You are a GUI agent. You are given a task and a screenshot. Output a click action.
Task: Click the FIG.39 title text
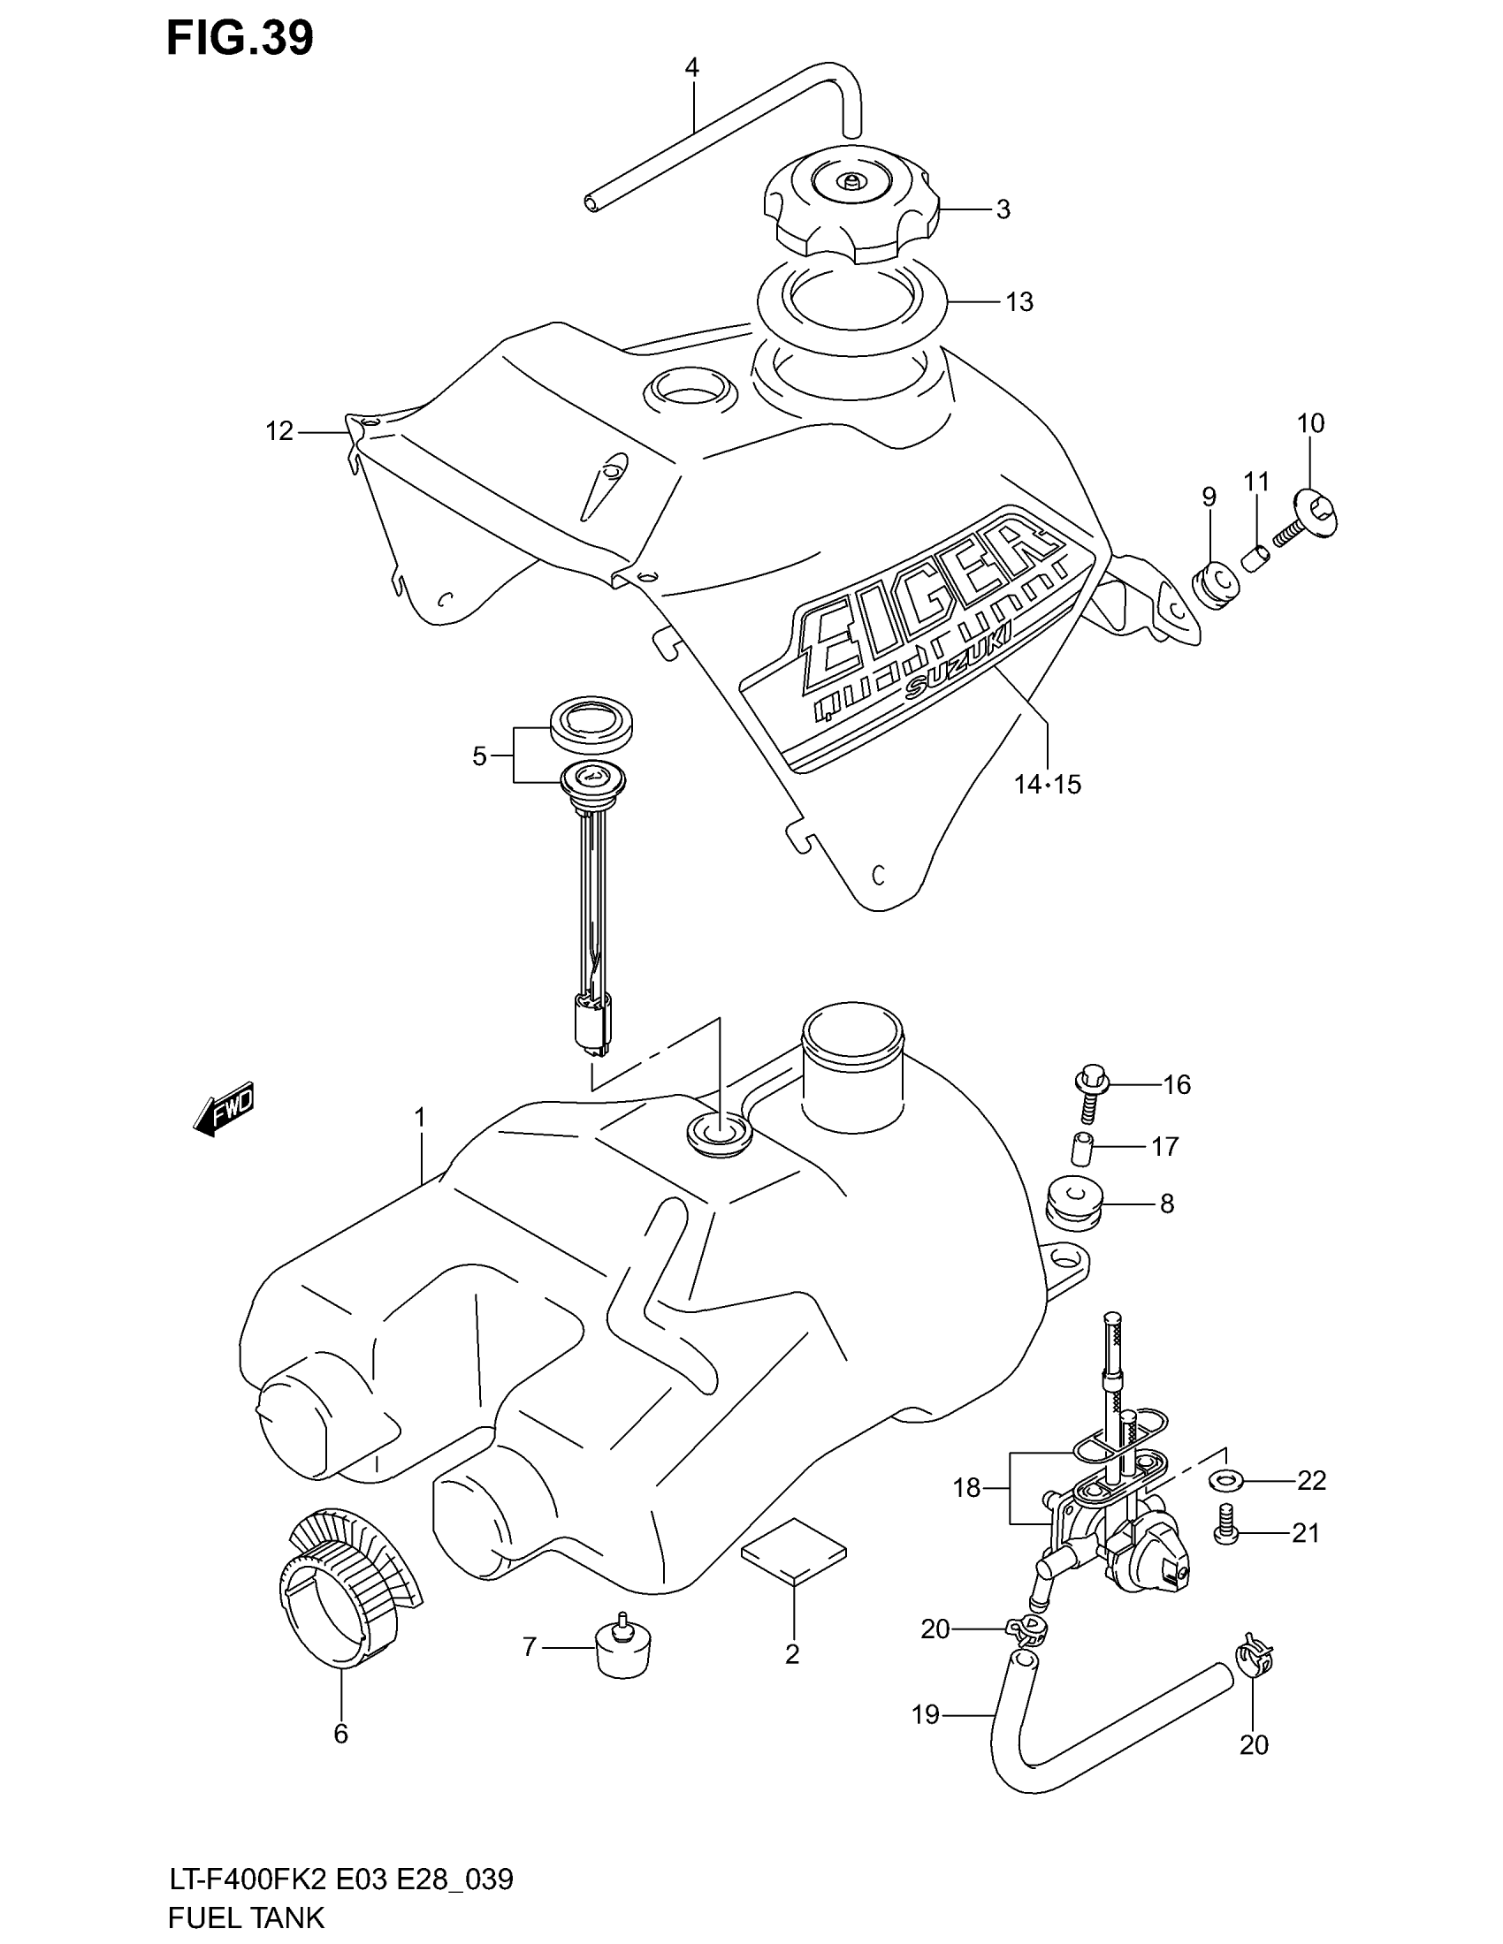click(240, 39)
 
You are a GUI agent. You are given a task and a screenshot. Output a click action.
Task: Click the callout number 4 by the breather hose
click(692, 68)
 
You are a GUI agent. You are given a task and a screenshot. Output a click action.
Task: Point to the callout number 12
click(278, 432)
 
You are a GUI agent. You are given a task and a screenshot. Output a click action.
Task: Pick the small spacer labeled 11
click(1256, 559)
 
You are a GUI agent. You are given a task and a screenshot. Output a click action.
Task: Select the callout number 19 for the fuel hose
click(926, 1713)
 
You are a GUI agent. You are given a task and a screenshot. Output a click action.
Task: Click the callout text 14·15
click(1046, 784)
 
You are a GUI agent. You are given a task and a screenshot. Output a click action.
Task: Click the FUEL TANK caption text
click(246, 1917)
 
